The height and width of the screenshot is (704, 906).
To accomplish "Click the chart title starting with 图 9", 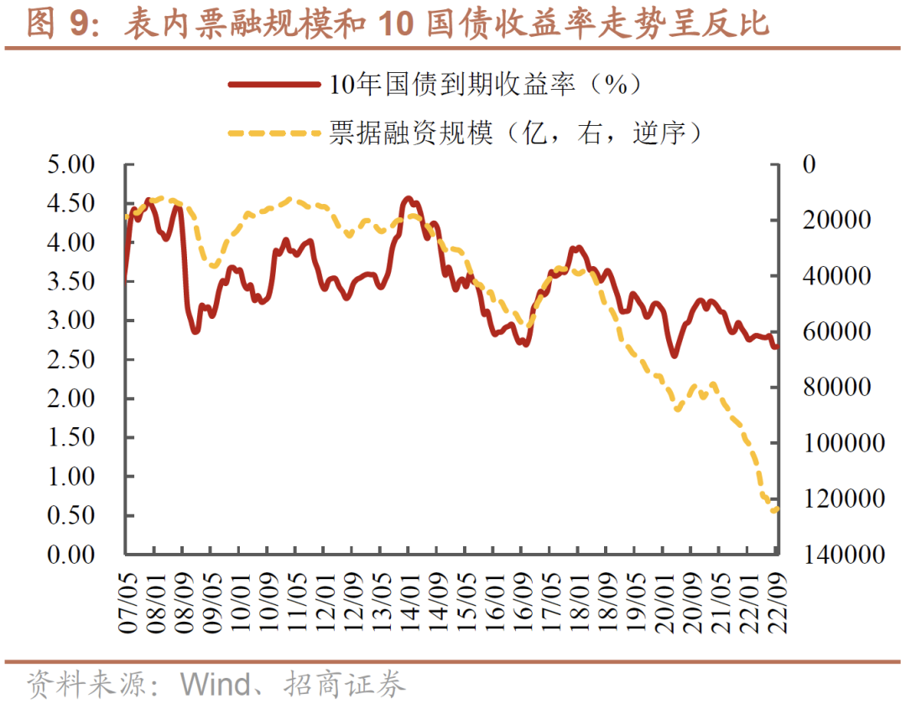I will coord(398,23).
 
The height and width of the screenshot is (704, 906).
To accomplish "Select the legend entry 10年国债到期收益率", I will coord(486,84).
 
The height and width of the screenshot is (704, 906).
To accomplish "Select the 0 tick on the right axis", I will coord(809,164).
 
